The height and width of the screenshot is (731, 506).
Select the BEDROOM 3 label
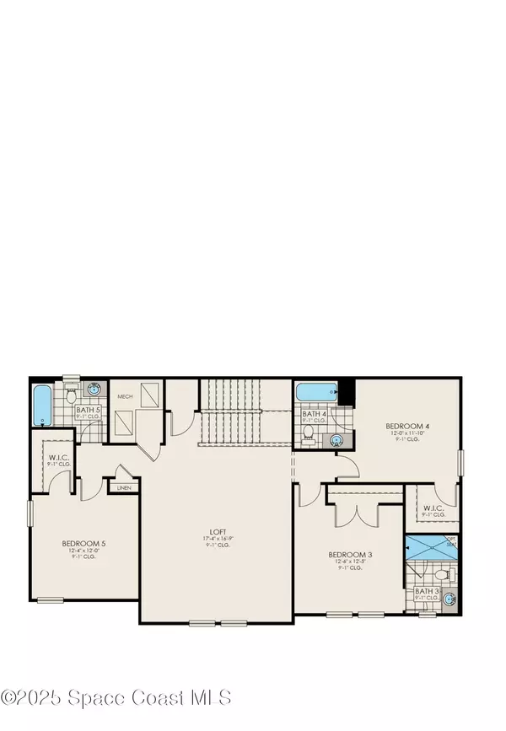(350, 555)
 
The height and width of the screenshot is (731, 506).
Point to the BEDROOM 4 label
(408, 427)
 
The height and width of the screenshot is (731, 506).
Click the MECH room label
(125, 395)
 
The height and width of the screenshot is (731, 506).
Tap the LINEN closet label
(124, 487)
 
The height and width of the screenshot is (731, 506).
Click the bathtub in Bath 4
(316, 391)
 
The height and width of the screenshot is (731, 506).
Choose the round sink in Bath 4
(337, 439)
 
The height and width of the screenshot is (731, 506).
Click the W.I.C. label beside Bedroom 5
(47, 460)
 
